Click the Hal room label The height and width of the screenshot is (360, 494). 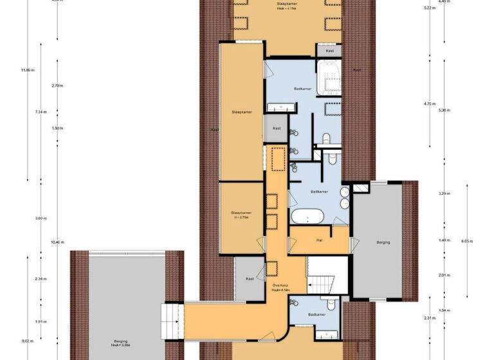tap(319, 241)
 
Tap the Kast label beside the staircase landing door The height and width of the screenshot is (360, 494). tap(250, 278)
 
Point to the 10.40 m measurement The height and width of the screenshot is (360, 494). tap(57, 242)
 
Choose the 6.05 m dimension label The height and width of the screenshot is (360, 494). tap(467, 241)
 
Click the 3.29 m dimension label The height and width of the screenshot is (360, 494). tap(443, 194)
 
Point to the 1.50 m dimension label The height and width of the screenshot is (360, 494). tap(57, 128)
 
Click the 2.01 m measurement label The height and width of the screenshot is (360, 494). tap(443, 275)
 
